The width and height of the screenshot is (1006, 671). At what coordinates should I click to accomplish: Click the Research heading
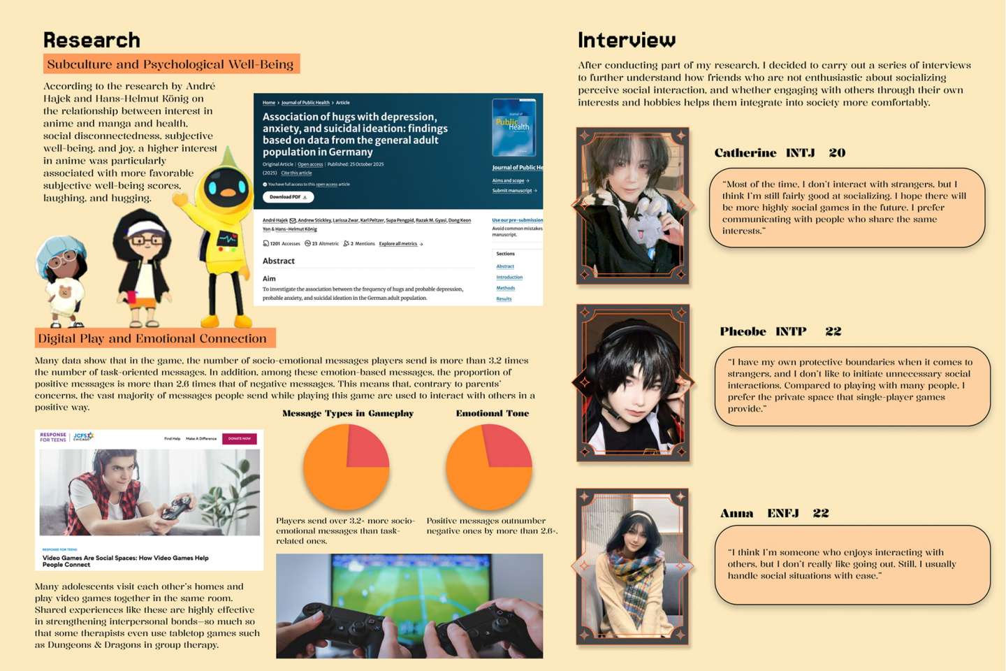tap(92, 40)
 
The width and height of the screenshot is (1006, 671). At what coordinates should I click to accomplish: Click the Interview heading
tap(627, 40)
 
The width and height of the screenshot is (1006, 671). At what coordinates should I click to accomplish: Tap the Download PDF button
tap(288, 197)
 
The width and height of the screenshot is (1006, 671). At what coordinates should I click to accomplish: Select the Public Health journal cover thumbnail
tap(513, 127)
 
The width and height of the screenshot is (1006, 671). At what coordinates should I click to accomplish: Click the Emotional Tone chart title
tap(493, 413)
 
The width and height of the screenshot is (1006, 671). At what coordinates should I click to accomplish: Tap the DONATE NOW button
tap(239, 439)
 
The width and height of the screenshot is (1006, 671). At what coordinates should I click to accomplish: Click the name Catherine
tap(745, 153)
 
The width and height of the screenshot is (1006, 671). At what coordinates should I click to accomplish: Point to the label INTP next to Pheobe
tap(791, 331)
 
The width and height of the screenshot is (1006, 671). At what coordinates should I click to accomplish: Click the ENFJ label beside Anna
tap(783, 513)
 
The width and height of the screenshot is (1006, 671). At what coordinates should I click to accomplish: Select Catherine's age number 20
tap(837, 153)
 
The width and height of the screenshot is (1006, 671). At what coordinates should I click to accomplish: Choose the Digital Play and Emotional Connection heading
tap(152, 338)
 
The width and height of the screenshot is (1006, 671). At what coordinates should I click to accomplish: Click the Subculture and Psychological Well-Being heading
tap(170, 64)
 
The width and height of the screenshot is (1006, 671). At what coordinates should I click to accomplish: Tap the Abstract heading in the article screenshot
tap(279, 261)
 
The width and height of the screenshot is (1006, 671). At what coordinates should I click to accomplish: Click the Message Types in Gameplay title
tap(348, 413)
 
